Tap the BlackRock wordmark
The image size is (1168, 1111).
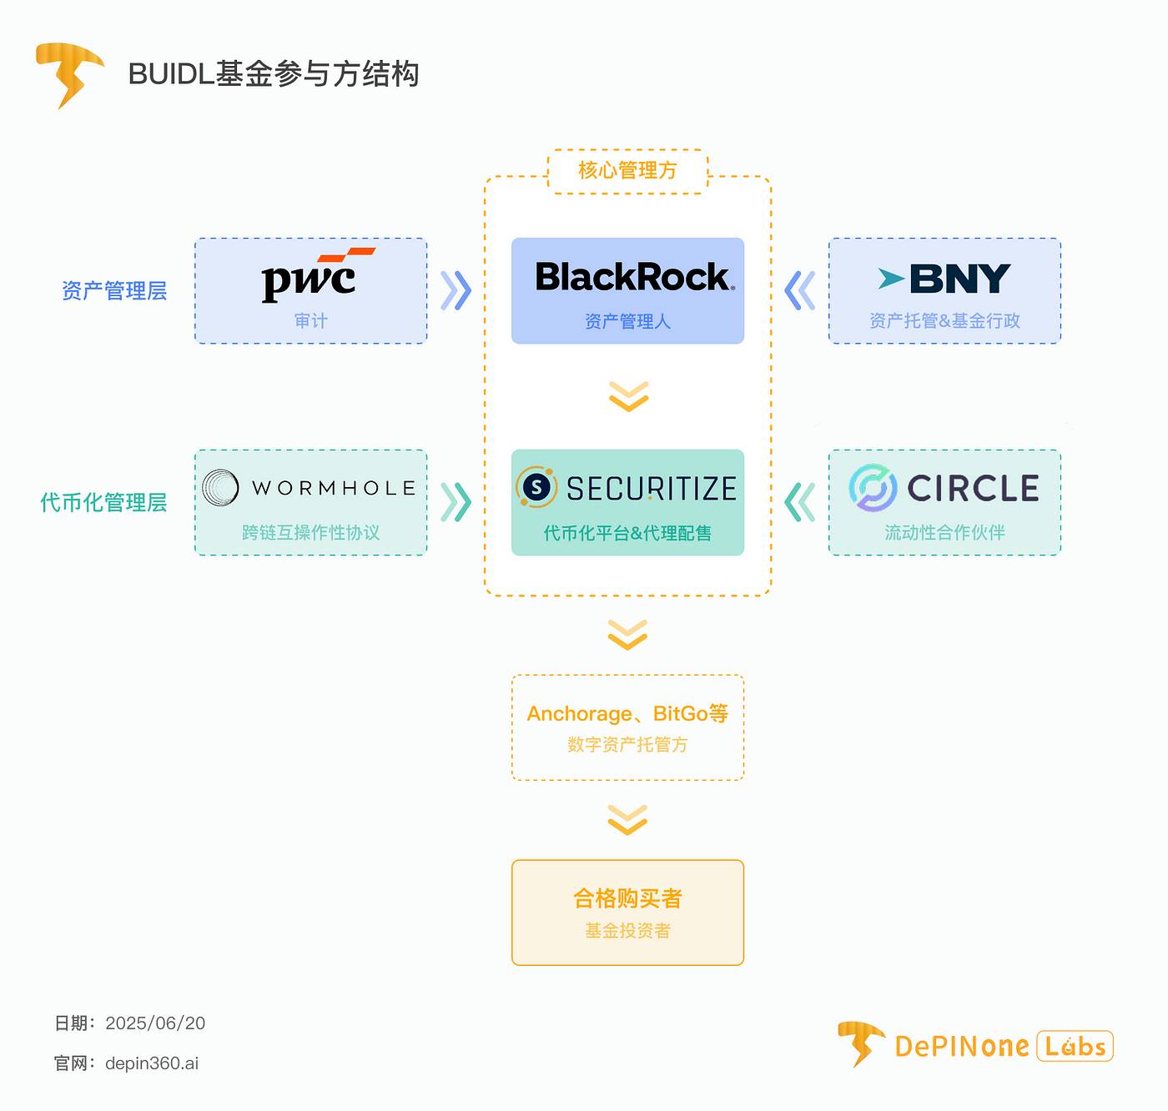point(634,278)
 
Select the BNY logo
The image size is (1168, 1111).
point(944,279)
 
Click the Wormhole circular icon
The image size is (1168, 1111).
point(220,488)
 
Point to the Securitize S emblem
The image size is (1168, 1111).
point(536,488)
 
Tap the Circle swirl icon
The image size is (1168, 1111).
point(873,488)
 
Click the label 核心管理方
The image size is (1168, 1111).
point(627,171)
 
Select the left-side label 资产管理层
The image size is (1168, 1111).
point(114,291)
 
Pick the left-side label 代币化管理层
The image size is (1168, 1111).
point(103,503)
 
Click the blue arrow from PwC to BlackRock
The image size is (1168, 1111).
point(456,291)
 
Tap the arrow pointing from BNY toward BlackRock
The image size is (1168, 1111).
point(799,291)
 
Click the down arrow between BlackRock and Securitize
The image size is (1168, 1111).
point(628,396)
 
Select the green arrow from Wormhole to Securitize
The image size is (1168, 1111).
point(456,502)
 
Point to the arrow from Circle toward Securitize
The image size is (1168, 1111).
point(799,502)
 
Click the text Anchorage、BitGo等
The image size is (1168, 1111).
point(627,714)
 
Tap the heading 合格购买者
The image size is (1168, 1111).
point(627,898)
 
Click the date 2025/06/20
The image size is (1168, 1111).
point(155,1023)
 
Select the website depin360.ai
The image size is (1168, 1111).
point(152,1063)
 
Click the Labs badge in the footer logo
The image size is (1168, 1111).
point(1075,1046)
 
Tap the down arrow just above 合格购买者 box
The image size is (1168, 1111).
point(628,820)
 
